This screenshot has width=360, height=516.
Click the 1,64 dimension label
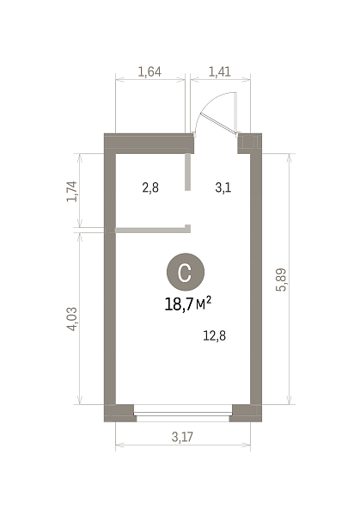[x=149, y=71]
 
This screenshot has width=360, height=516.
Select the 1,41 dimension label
[x=220, y=71]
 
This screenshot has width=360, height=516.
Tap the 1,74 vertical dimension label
[x=71, y=191]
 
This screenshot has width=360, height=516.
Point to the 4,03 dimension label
[x=71, y=319]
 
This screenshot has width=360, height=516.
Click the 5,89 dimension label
[x=282, y=279]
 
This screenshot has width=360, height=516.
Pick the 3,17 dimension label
[x=182, y=437]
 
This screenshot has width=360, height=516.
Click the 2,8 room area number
[x=150, y=187]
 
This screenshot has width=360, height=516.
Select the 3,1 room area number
[x=223, y=187]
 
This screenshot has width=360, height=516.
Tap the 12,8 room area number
[x=214, y=336]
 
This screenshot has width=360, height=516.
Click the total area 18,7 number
[x=179, y=304]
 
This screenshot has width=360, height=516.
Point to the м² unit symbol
[x=204, y=304]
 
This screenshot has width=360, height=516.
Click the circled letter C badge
[x=186, y=272]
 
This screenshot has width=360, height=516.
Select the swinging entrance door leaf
[x=219, y=124]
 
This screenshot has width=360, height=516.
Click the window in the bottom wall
[x=183, y=414]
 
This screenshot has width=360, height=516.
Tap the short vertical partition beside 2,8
[x=187, y=172]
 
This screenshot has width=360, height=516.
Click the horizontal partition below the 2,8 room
[x=153, y=230]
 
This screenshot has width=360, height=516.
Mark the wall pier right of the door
[x=249, y=143]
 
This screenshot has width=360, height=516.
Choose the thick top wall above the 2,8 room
[x=149, y=143]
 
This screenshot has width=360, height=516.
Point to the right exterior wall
[x=256, y=279]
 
